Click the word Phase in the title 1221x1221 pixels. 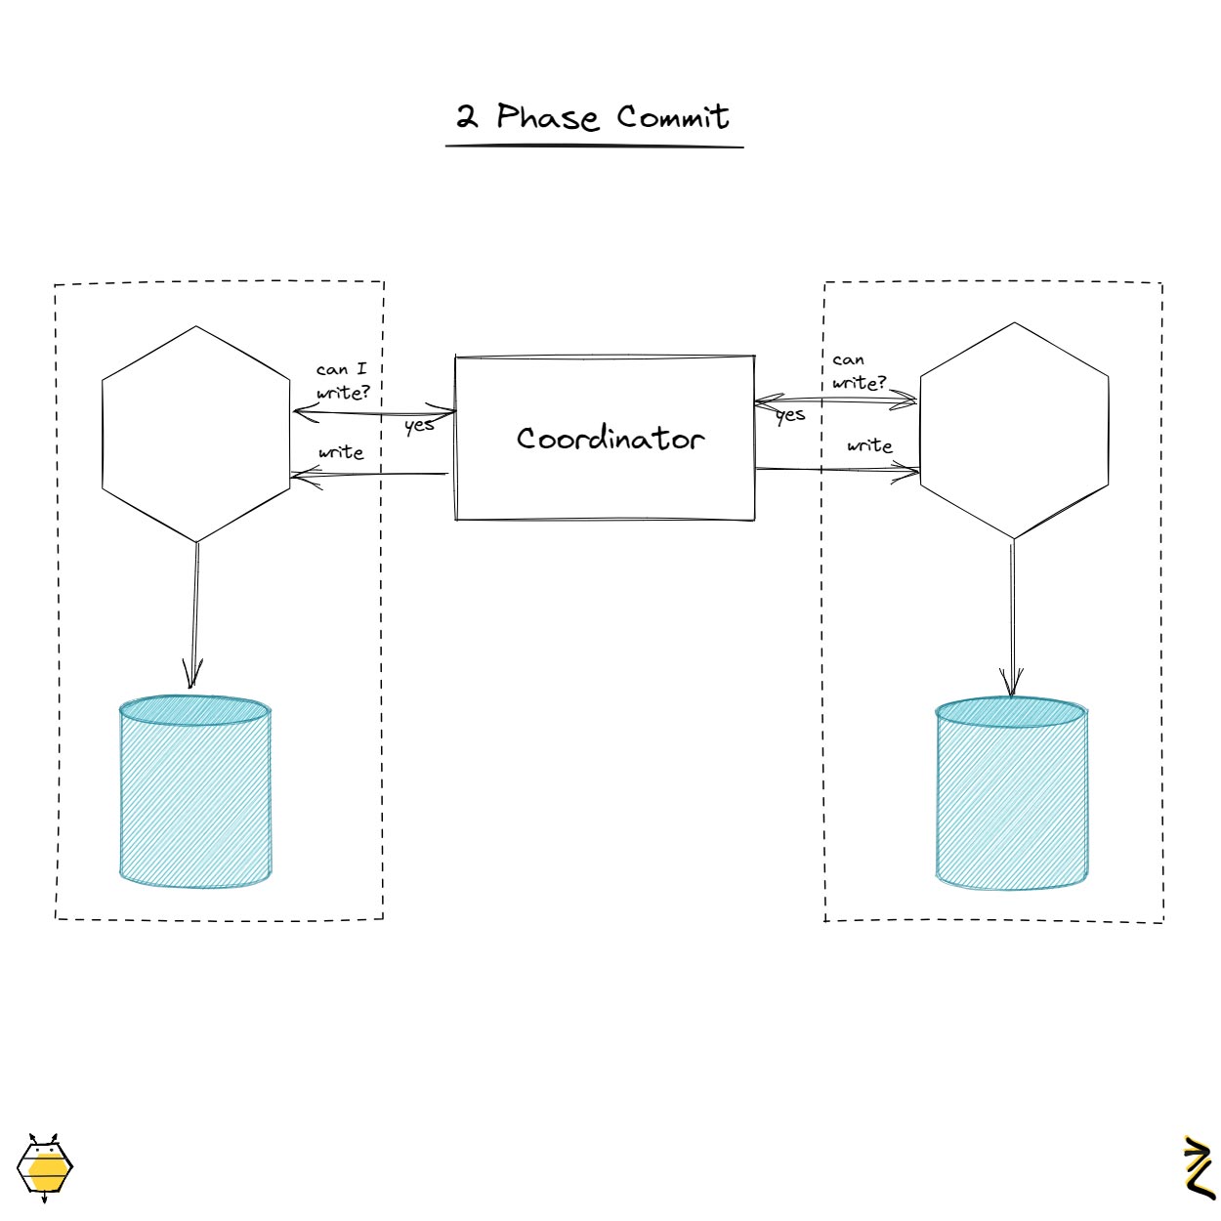(x=547, y=117)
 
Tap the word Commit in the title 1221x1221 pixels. (x=673, y=117)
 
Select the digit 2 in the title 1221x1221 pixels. (x=467, y=118)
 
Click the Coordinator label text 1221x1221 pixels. (x=610, y=439)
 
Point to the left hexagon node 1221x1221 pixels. (x=196, y=434)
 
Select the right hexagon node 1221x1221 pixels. (x=1014, y=430)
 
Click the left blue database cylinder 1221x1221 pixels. (x=194, y=791)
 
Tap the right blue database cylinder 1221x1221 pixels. (x=1011, y=793)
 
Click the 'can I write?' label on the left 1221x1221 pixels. (x=343, y=381)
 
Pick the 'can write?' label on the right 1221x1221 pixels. (x=858, y=372)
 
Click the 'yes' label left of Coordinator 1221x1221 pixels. (x=419, y=425)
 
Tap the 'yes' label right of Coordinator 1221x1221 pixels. (x=790, y=415)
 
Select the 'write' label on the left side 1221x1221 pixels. (x=341, y=452)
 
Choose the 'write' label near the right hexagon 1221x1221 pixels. (x=869, y=445)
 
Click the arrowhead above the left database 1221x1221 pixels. (x=193, y=674)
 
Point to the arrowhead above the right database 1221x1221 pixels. (x=1011, y=682)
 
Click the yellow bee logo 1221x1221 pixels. (x=45, y=1166)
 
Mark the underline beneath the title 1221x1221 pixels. (x=594, y=147)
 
